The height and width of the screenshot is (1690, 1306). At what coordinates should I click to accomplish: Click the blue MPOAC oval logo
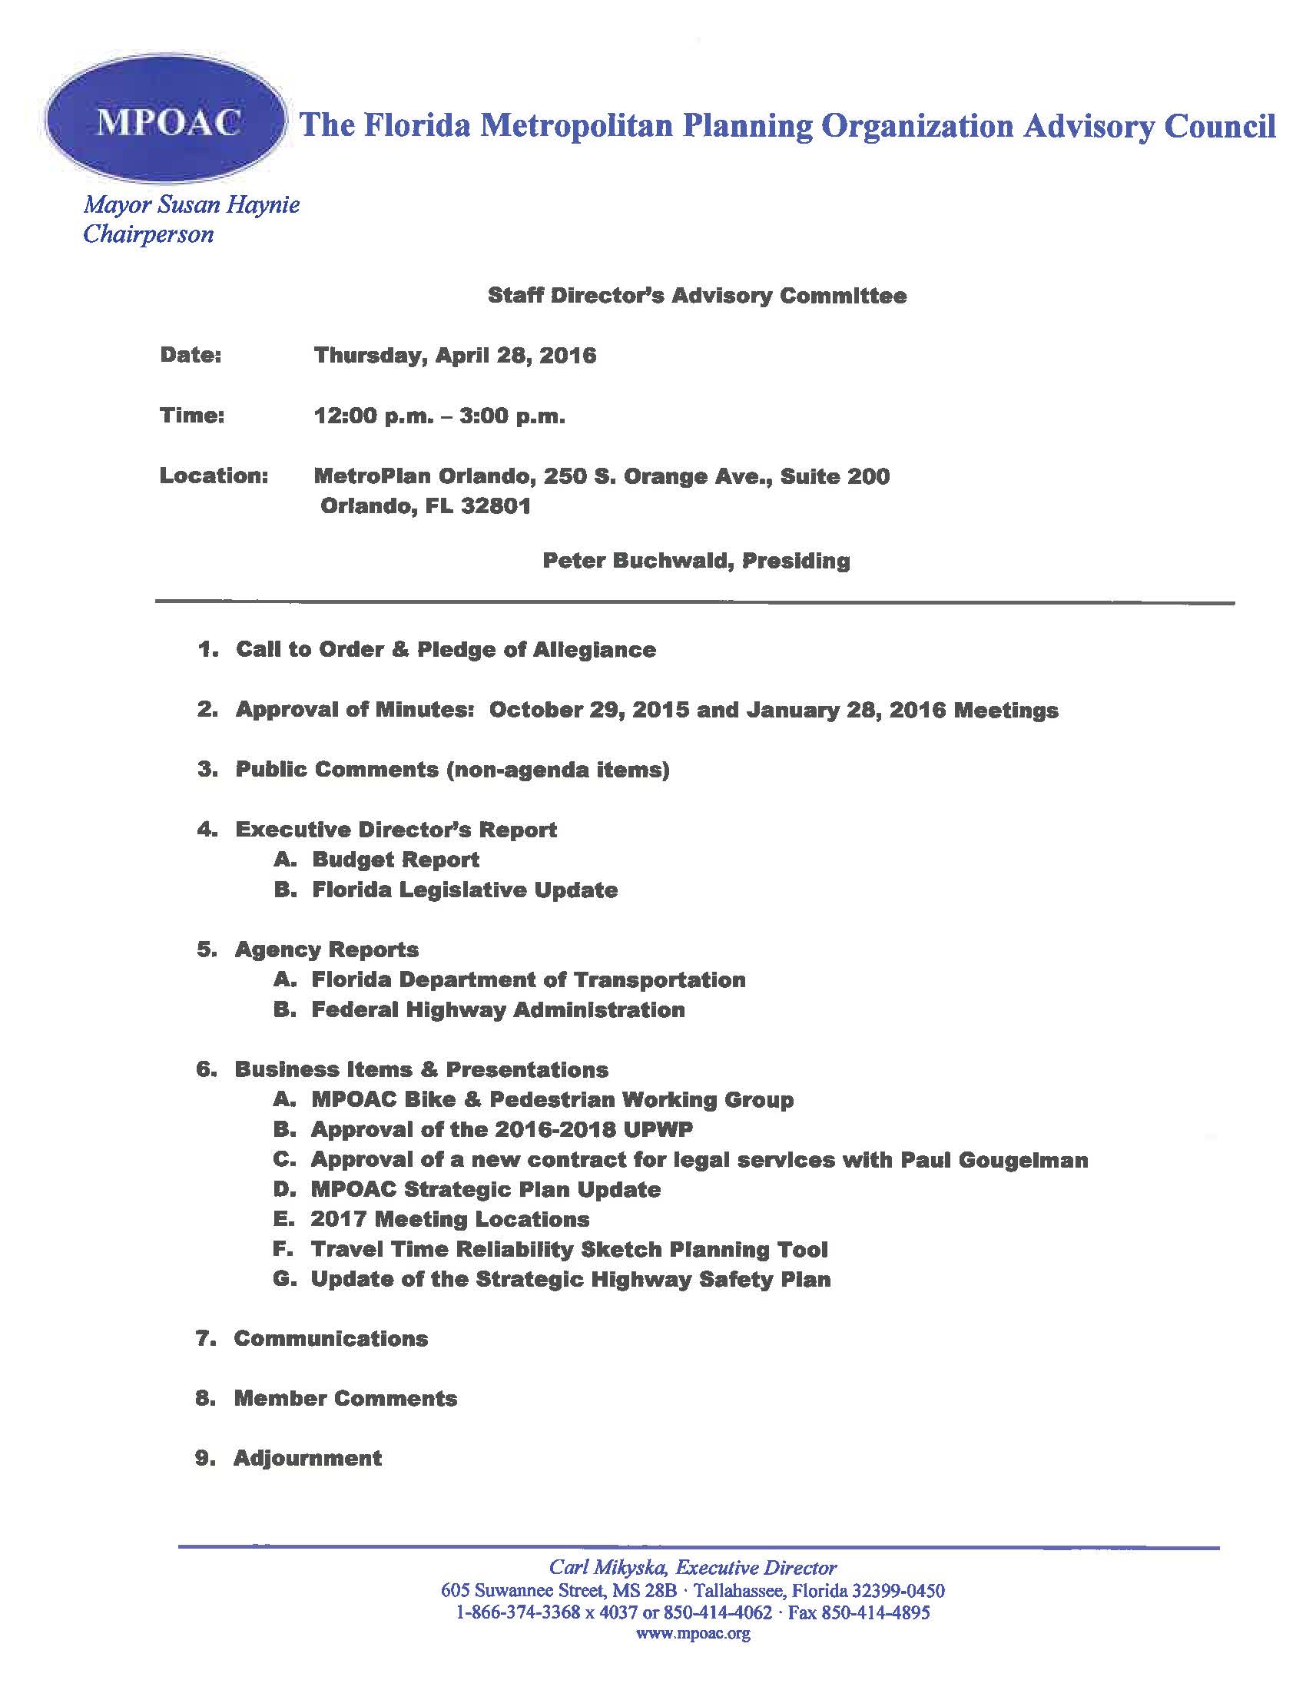(x=165, y=123)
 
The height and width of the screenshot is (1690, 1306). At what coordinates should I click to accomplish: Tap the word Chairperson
(x=148, y=234)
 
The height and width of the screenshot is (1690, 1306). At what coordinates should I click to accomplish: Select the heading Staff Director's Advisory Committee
(x=697, y=296)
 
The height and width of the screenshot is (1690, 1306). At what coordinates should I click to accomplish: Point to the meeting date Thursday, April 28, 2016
(x=455, y=355)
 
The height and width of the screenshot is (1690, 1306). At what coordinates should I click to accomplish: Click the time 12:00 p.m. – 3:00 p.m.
(x=439, y=416)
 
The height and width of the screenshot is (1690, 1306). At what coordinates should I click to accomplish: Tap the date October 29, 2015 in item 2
(x=588, y=710)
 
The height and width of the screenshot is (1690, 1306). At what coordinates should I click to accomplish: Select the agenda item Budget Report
(x=396, y=860)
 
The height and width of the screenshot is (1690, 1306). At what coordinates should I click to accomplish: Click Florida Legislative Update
(x=464, y=890)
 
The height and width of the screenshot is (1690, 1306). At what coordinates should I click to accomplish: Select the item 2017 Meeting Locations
(x=449, y=1220)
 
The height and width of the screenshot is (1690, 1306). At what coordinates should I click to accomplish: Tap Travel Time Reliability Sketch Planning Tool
(x=568, y=1250)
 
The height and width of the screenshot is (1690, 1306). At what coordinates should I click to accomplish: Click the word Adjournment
(x=308, y=1459)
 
